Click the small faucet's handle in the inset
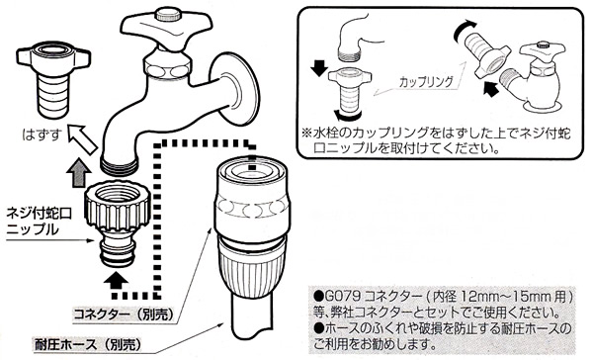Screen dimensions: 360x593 [543, 50]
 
